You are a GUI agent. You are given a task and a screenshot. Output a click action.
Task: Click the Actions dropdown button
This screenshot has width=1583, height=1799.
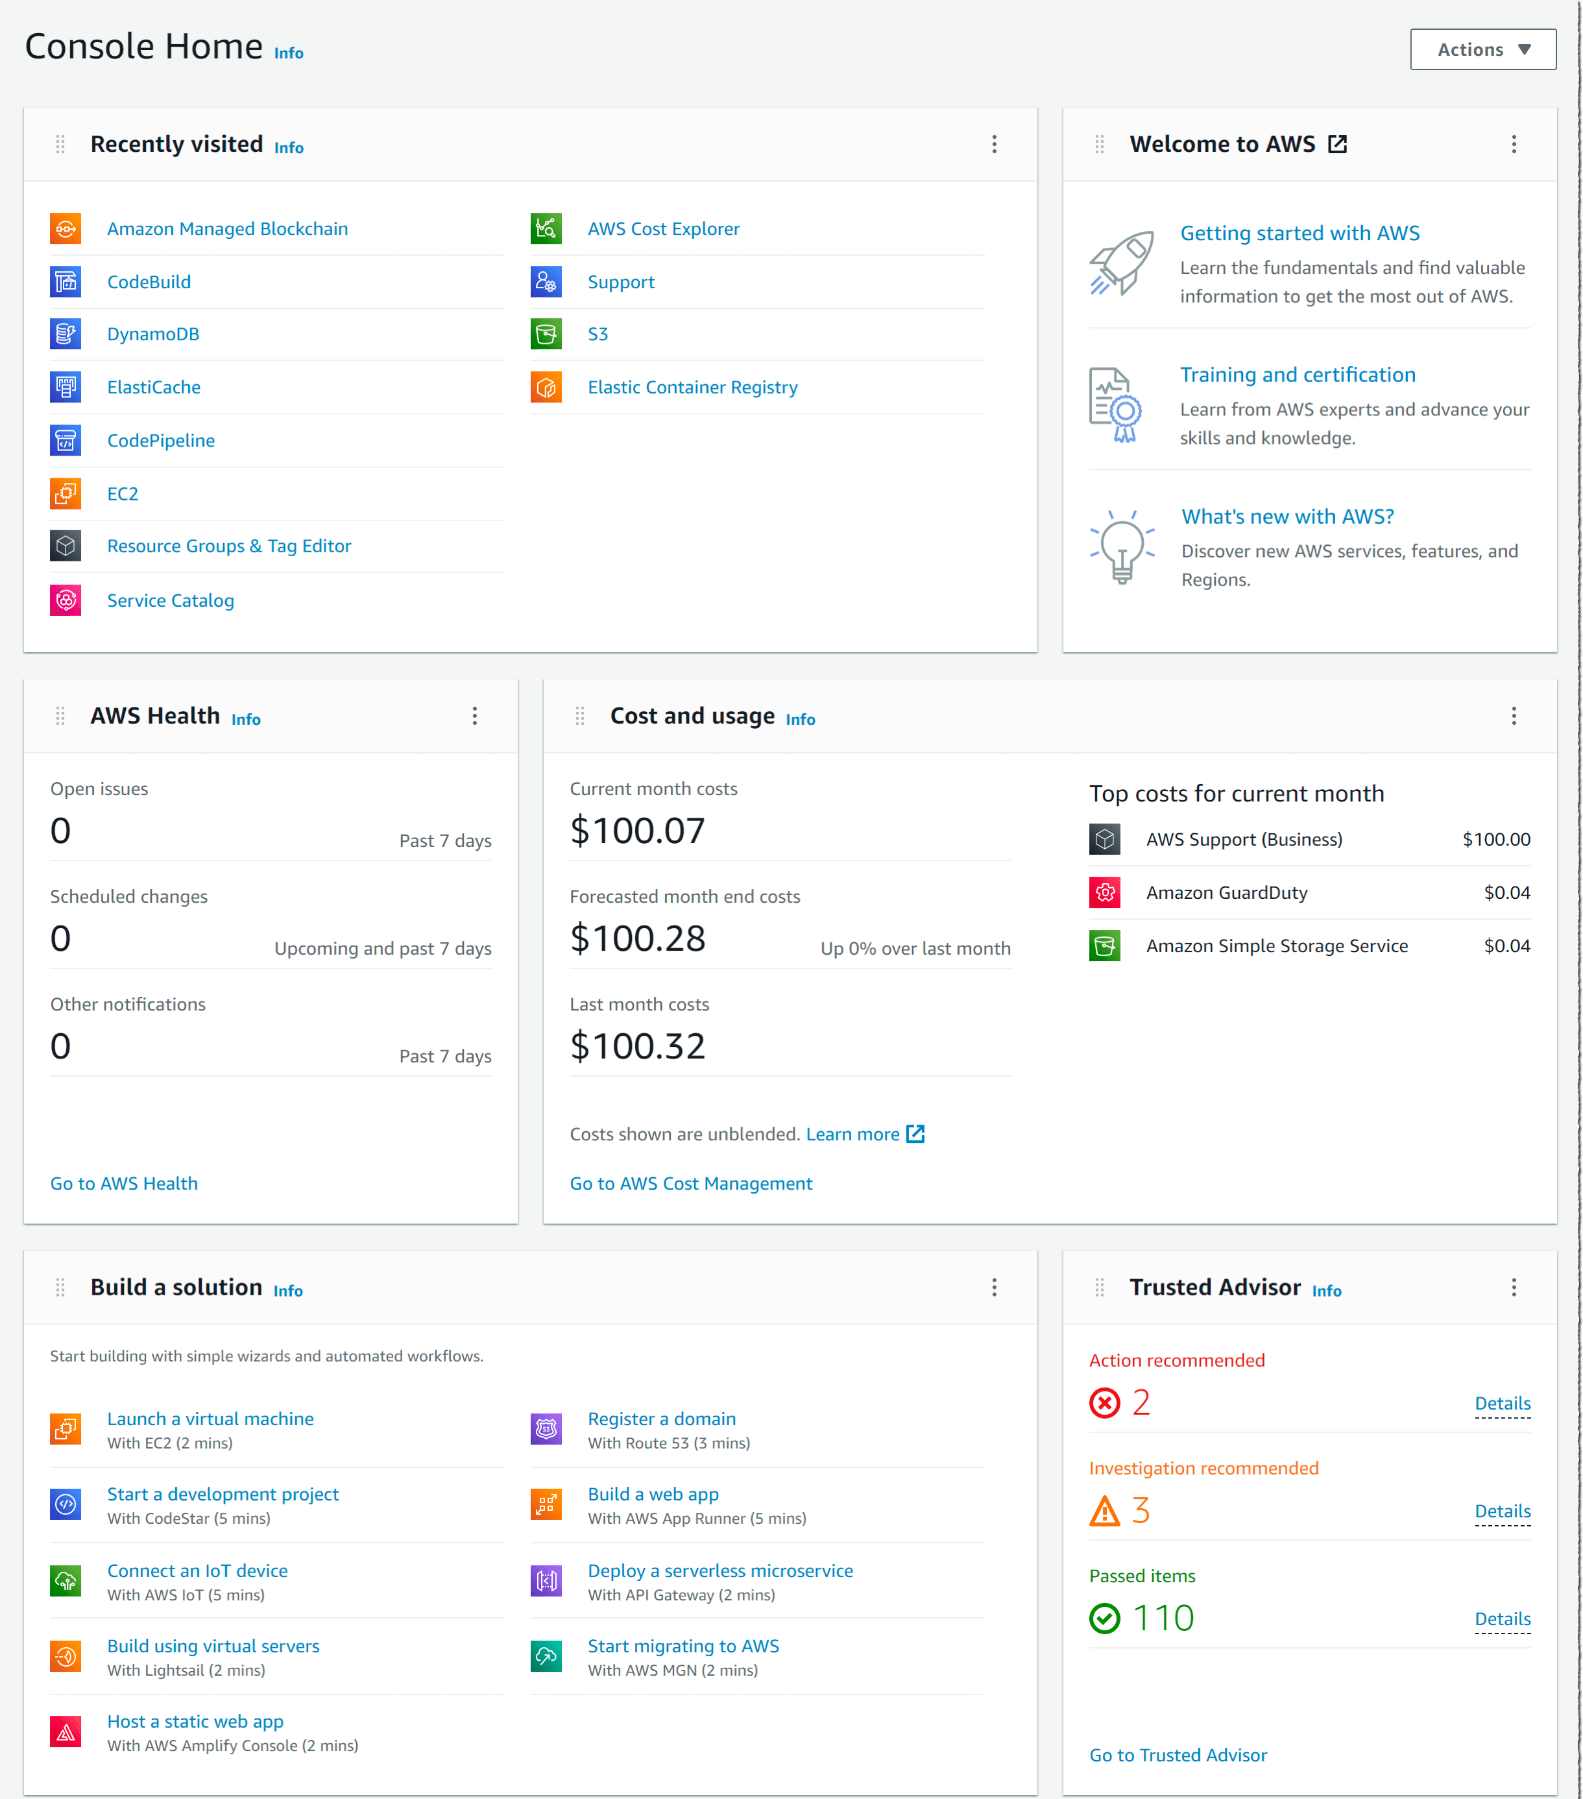(1482, 49)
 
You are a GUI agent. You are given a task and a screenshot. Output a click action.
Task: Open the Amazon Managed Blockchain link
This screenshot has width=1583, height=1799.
(227, 229)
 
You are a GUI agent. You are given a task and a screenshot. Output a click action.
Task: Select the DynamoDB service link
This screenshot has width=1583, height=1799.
(153, 334)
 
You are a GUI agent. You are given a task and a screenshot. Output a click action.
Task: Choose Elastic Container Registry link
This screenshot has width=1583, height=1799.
(692, 387)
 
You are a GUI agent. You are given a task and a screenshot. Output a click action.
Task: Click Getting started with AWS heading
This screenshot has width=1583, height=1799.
(1299, 233)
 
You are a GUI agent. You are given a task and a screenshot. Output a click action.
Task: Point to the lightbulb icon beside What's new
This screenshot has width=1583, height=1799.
(1121, 546)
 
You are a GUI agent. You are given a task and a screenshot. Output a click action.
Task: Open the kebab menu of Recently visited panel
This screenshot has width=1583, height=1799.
(995, 144)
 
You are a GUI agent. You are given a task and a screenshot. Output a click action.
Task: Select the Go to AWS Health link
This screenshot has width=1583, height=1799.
(124, 1183)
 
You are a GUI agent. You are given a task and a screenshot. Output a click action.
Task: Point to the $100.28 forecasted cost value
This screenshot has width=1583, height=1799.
(637, 938)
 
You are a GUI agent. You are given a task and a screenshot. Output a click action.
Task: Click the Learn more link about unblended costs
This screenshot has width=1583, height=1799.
(852, 1134)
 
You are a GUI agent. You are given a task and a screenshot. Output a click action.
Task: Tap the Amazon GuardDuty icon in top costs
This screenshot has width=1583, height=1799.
(1104, 892)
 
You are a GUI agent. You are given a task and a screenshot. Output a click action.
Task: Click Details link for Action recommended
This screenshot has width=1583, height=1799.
(1501, 1403)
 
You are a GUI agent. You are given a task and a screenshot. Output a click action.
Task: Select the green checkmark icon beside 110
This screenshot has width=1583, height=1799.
(1104, 1618)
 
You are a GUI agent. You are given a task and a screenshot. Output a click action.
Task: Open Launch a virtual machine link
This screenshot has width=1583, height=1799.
(210, 1419)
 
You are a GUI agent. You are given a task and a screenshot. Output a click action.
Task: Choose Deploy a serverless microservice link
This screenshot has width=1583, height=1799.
(719, 1571)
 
